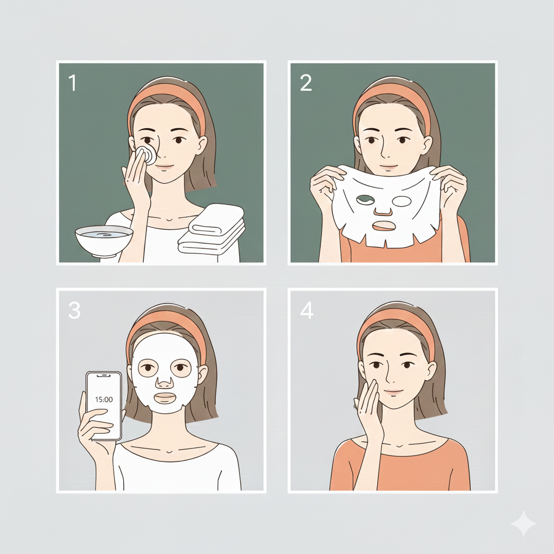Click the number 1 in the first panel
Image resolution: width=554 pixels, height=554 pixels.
72,83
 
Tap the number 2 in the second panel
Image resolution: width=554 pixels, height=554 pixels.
306,83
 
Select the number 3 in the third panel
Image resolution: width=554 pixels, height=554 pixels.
74,310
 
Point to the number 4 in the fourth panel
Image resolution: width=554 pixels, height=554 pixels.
307,310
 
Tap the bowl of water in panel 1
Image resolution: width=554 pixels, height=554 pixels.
104,240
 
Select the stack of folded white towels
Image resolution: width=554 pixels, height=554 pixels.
212,229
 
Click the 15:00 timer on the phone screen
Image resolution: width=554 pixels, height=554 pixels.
104,400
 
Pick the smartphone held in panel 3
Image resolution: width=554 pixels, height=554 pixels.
104,406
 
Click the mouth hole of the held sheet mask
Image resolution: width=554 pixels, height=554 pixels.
383,226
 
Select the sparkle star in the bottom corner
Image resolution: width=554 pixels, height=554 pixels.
523,524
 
